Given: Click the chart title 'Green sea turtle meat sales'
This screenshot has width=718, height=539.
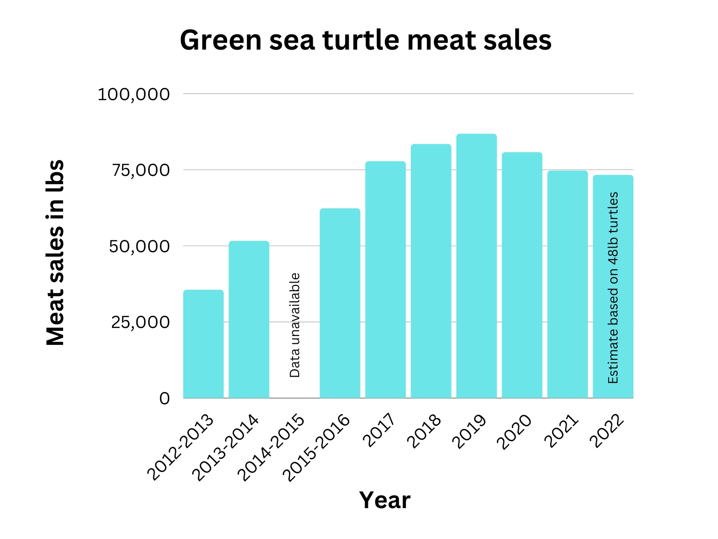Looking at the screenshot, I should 366,40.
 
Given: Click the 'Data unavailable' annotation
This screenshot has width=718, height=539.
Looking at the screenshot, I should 294,325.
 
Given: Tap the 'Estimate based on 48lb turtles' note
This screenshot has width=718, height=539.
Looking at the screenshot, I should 613,288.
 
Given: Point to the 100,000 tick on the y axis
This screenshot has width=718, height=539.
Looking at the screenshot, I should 134,95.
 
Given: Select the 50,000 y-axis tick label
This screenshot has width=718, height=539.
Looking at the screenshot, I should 139,247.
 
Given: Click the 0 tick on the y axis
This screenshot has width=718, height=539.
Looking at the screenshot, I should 165,399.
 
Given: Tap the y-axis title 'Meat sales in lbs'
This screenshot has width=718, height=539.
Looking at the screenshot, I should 55,253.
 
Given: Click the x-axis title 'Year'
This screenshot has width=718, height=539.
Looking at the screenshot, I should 384,500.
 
